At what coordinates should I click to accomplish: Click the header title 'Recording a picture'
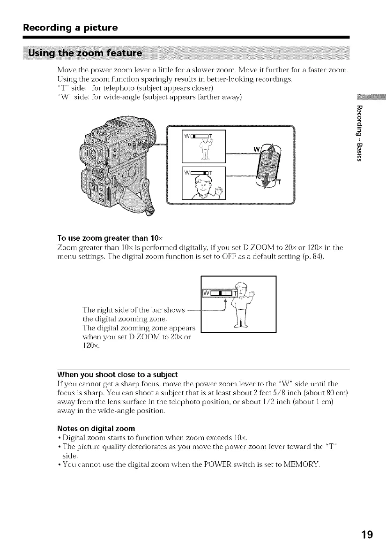70,28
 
